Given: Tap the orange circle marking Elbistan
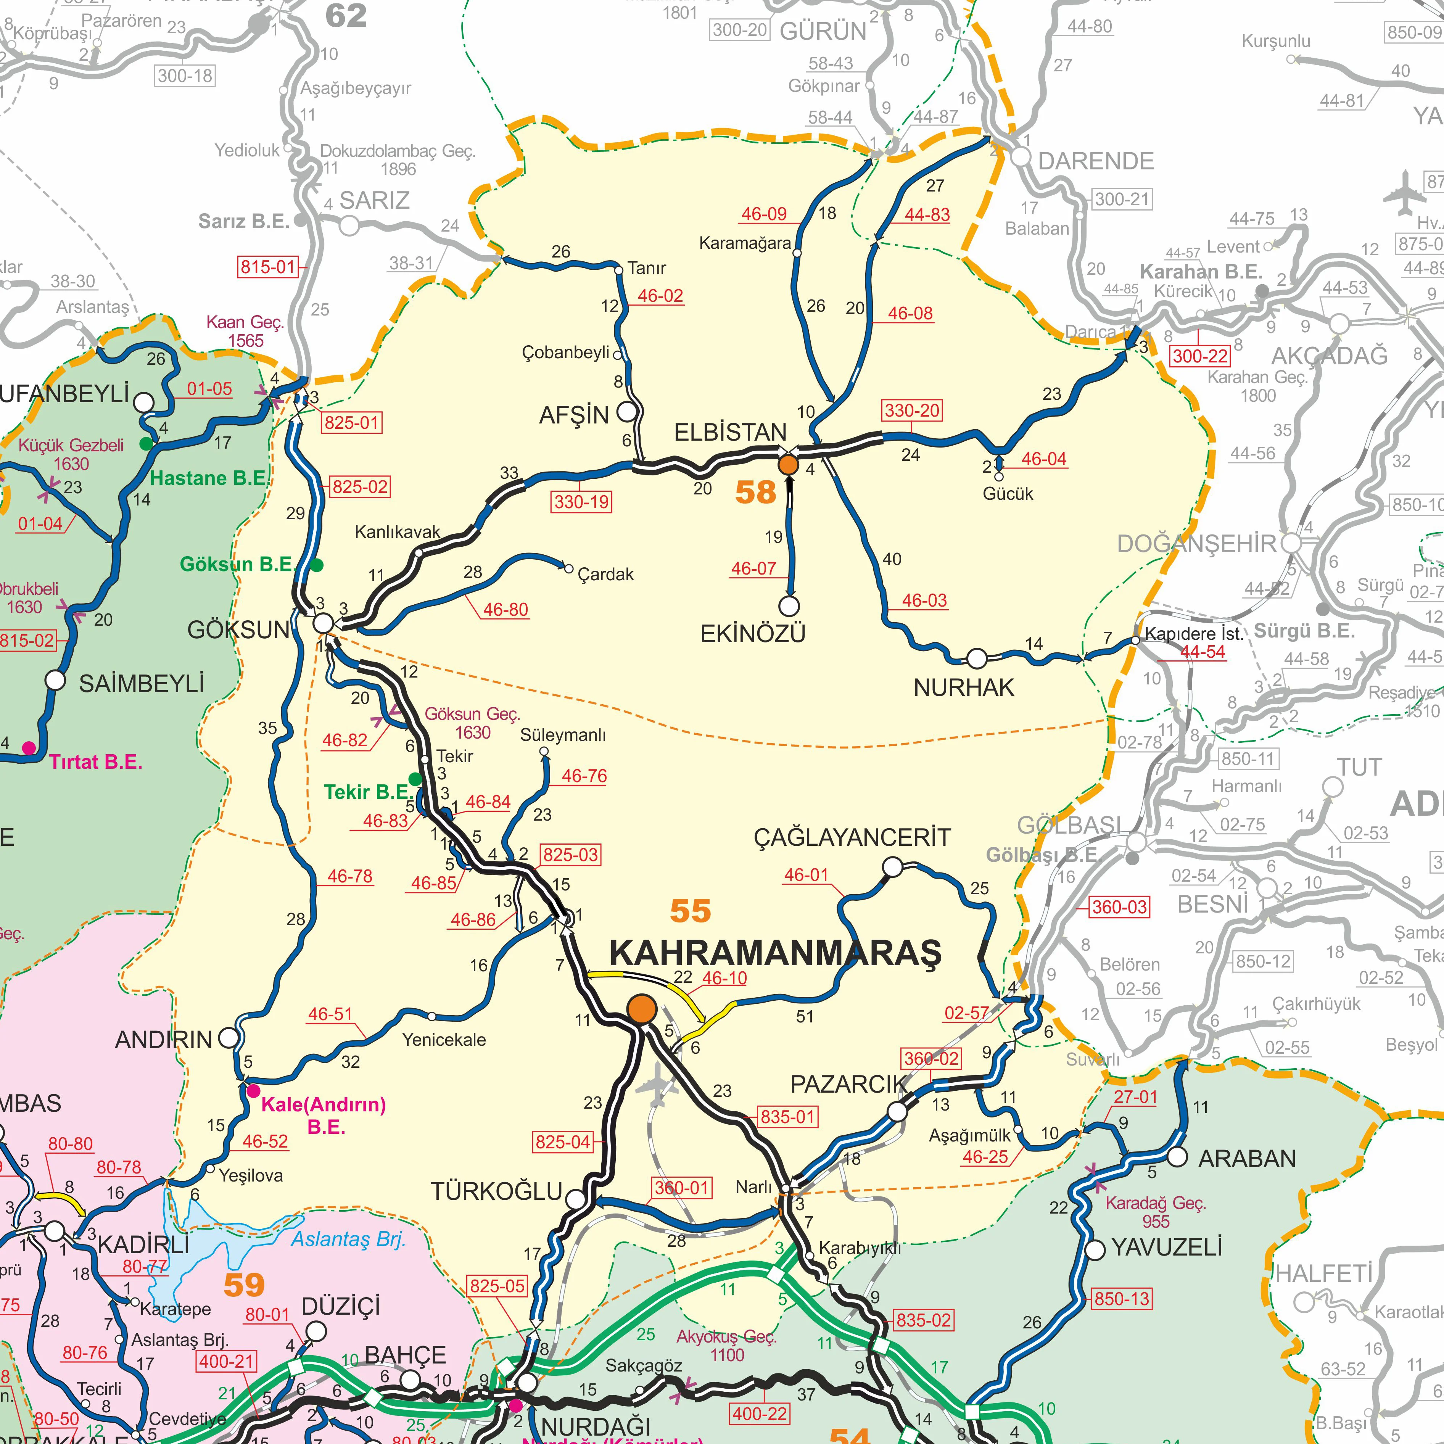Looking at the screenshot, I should click(x=789, y=465).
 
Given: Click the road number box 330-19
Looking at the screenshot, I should click(x=581, y=502).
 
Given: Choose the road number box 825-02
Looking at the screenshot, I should click(x=360, y=486).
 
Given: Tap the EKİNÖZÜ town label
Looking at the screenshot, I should click(x=753, y=634).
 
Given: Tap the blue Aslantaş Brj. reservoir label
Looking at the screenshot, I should click(x=348, y=1239).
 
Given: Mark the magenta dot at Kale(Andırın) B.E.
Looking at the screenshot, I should click(x=253, y=1090).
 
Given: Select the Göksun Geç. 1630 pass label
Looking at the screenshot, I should click(x=472, y=723).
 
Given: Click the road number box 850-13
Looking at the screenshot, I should click(x=1121, y=1298).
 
